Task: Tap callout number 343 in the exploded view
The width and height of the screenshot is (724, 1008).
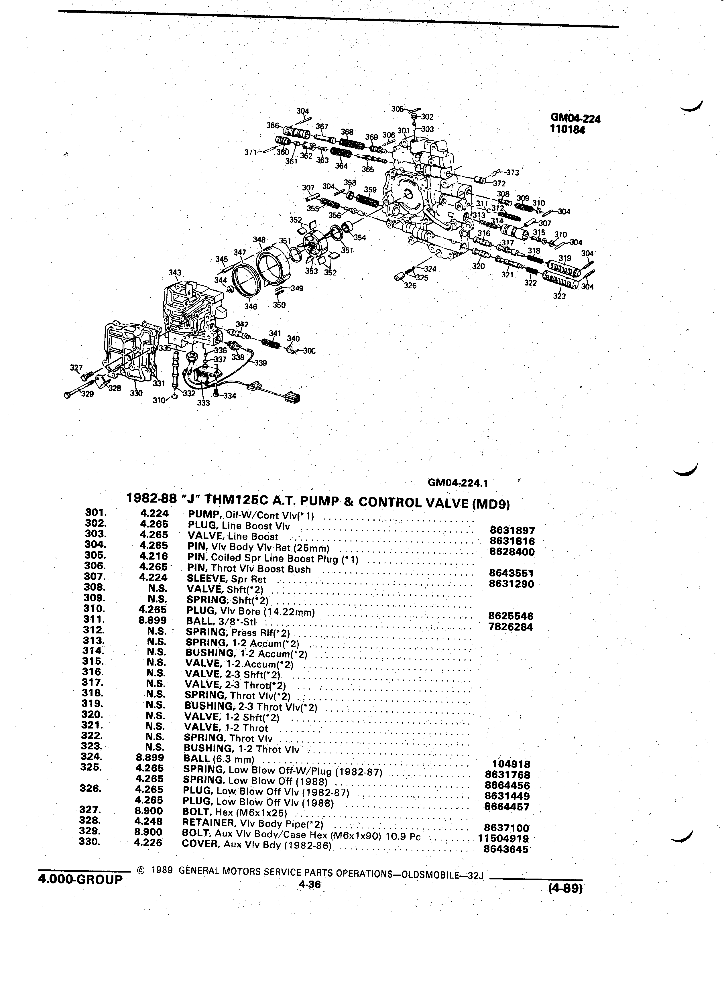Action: pyautogui.click(x=175, y=272)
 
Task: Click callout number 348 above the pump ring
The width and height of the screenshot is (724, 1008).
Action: pyautogui.click(x=259, y=240)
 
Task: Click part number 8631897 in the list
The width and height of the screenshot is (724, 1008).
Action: pyautogui.click(x=512, y=530)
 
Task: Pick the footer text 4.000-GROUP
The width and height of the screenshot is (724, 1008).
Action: pyautogui.click(x=80, y=879)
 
